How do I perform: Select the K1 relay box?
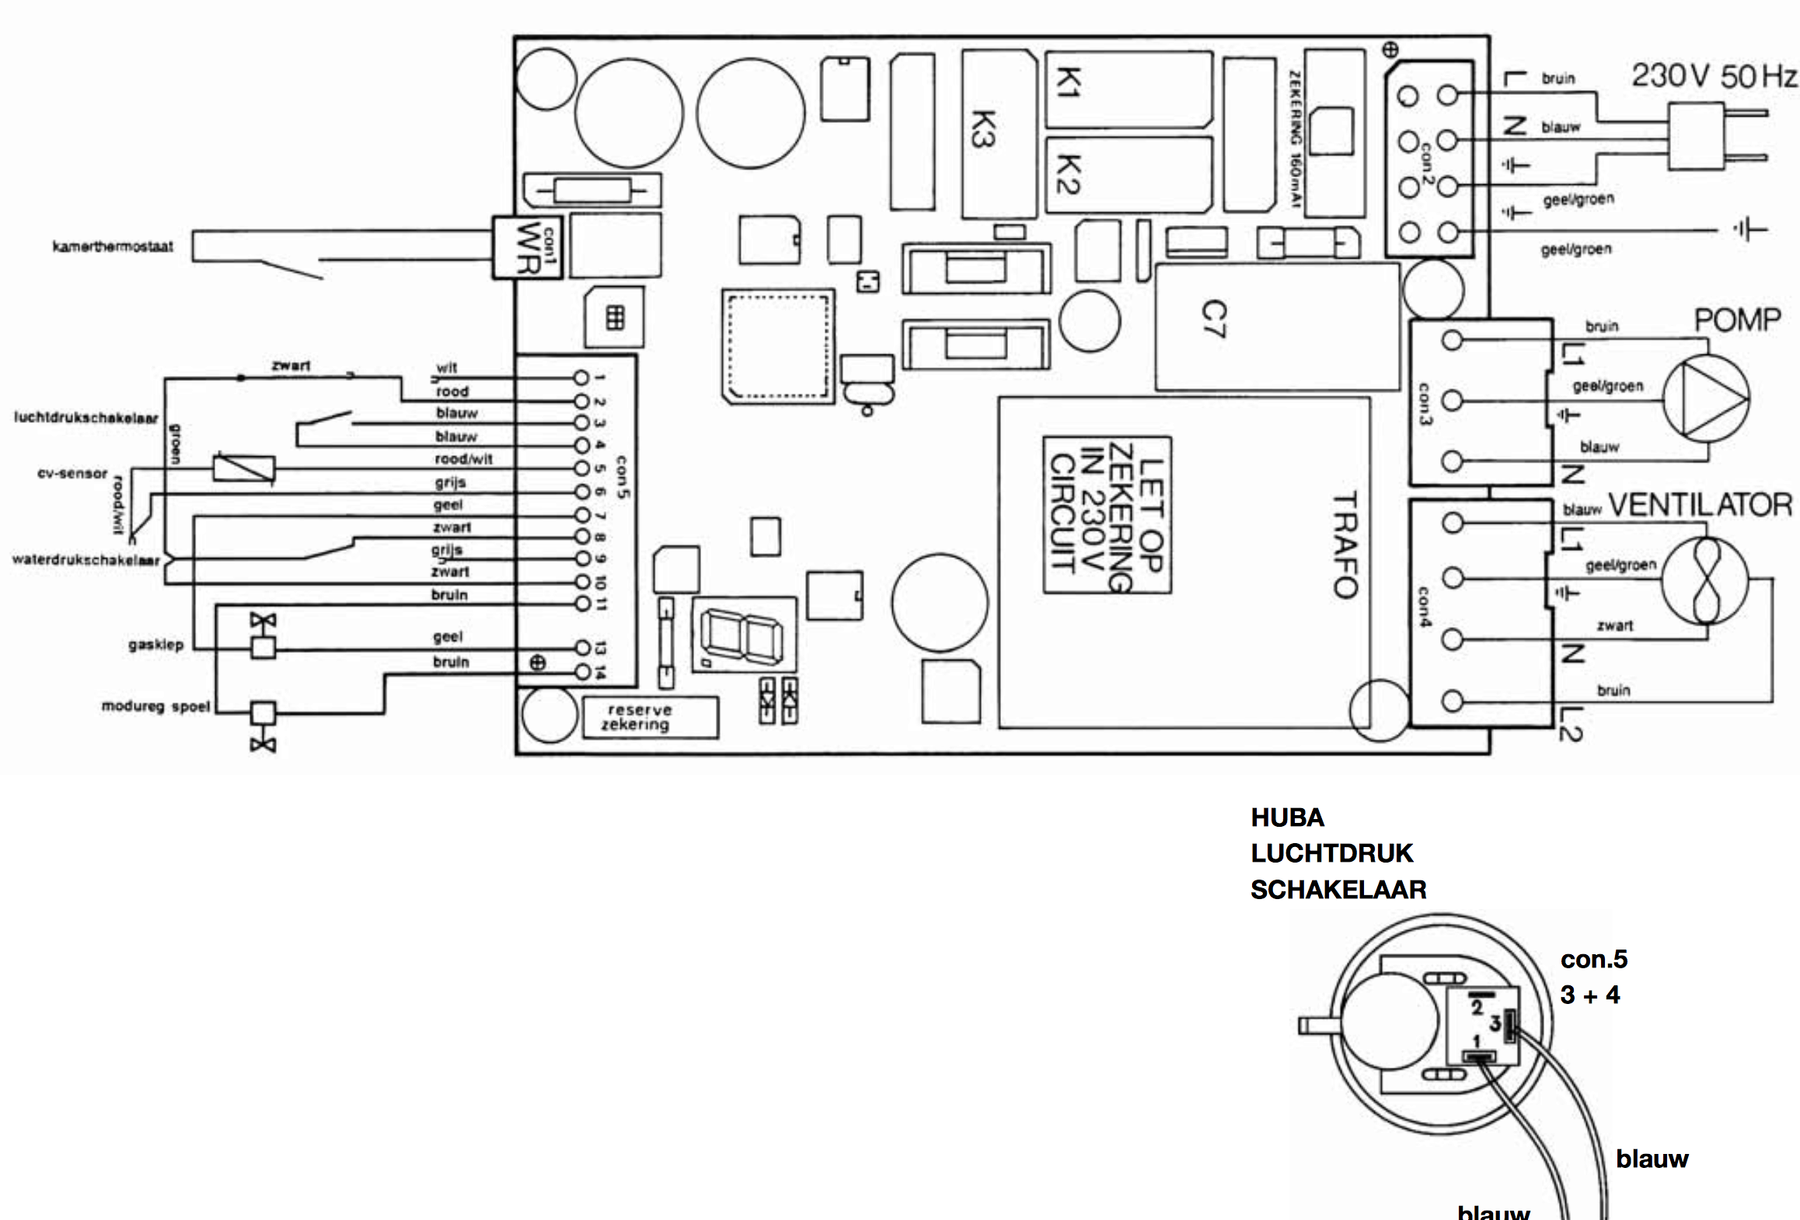[1128, 89]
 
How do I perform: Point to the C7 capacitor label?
[1213, 319]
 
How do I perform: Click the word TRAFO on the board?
[1345, 544]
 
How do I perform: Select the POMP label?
[1737, 320]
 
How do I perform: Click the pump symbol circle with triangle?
[1705, 399]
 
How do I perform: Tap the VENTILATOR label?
[1700, 505]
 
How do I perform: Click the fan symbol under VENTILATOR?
[1704, 580]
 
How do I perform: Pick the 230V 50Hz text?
[1715, 76]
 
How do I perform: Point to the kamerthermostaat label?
[113, 247]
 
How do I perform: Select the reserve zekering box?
[651, 717]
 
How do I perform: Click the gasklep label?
[155, 645]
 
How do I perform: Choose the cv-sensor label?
[72, 473]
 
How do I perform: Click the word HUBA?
[1287, 817]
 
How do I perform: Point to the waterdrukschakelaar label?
[85, 560]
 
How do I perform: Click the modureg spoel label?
[155, 707]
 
